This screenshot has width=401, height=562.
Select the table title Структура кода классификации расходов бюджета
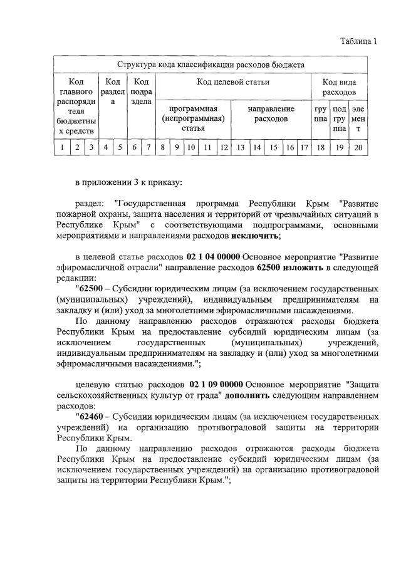click(x=211, y=65)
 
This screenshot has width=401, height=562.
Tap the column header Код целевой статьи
click(x=233, y=82)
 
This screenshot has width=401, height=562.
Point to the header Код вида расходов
click(x=339, y=87)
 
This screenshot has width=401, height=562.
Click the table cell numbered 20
click(x=358, y=148)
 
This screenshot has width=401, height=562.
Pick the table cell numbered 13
click(x=239, y=148)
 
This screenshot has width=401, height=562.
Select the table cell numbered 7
click(x=148, y=148)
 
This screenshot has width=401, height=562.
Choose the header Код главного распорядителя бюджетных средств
click(x=76, y=107)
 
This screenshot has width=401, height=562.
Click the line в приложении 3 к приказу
click(x=128, y=183)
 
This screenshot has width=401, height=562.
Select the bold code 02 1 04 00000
click(x=213, y=258)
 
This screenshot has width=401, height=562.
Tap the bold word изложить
click(x=303, y=268)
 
